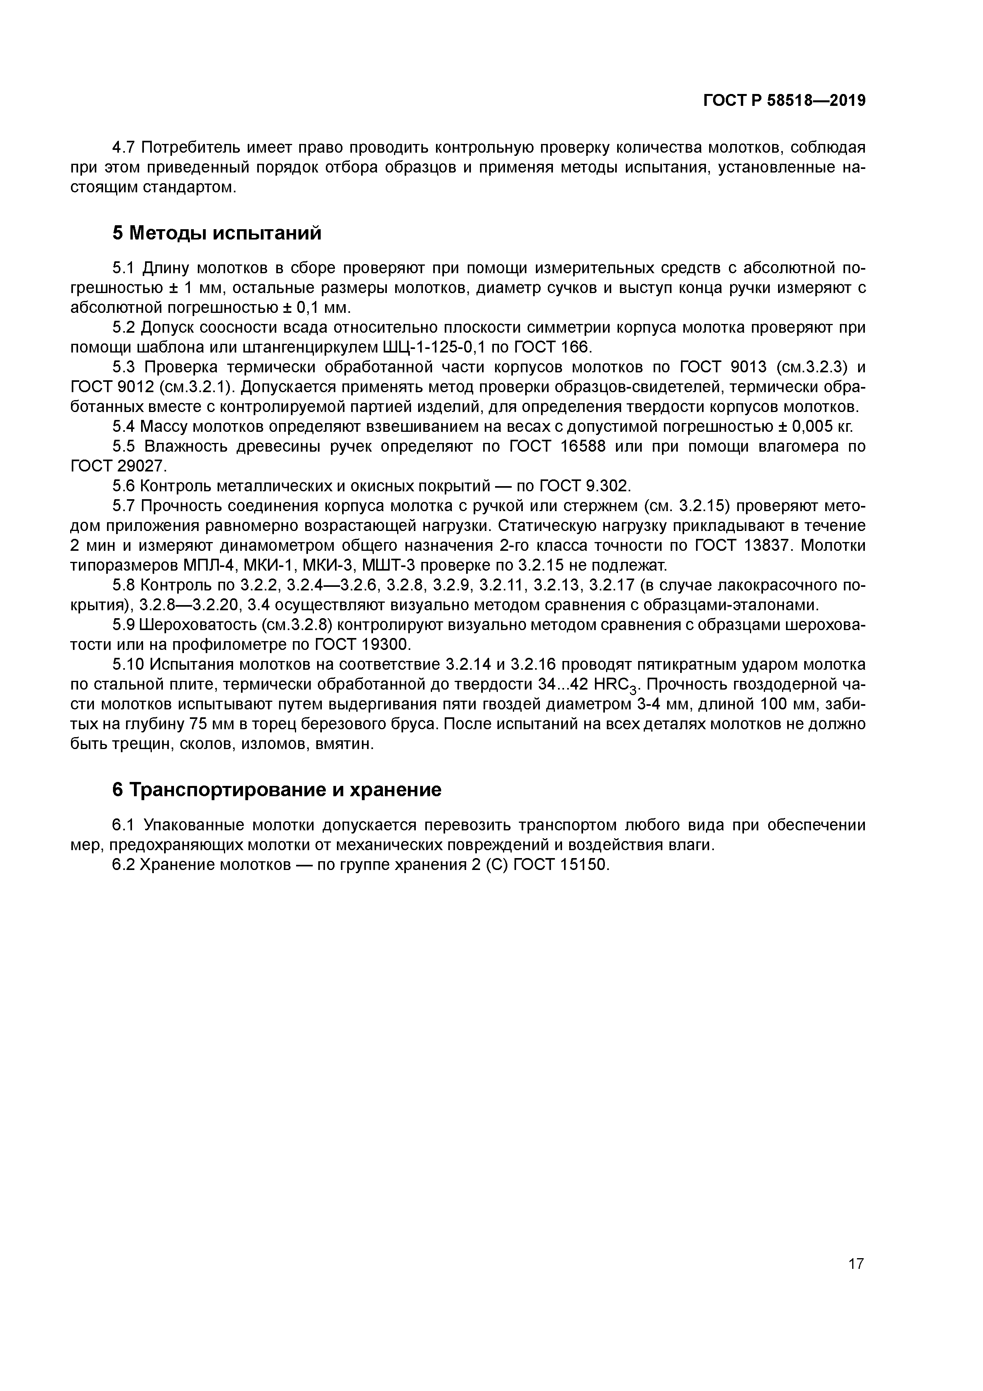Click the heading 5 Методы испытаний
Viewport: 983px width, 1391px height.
(x=216, y=233)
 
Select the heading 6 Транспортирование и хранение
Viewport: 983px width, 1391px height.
(x=277, y=790)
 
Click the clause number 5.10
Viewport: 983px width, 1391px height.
(x=129, y=665)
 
